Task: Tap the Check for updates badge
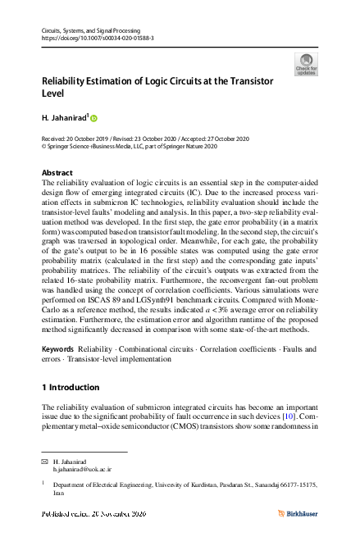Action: (x=306, y=63)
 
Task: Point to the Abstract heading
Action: (x=57, y=173)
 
